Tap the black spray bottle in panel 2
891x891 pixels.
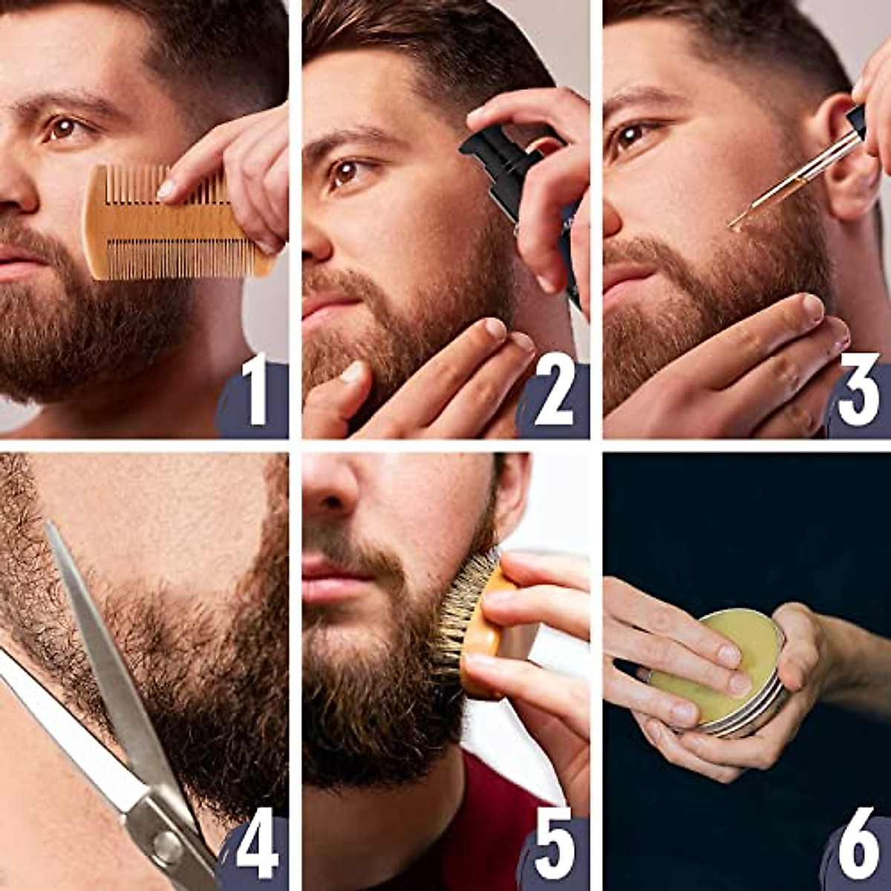pyautogui.click(x=505, y=171)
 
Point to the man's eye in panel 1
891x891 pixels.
pyautogui.click(x=63, y=128)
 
